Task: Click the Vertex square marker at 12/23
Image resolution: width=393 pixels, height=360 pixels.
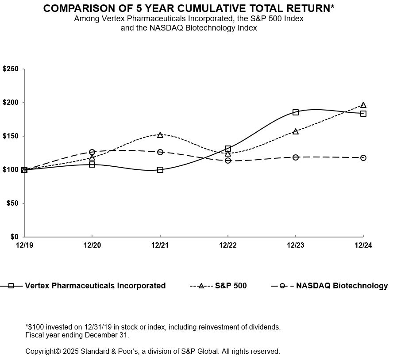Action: point(296,112)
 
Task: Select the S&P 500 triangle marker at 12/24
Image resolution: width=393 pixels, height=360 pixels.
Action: point(363,105)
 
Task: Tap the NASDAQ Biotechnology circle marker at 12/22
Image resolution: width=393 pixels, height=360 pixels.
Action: point(228,160)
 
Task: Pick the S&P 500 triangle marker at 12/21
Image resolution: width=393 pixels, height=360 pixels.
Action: point(160,134)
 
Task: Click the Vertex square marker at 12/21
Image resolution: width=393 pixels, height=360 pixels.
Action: point(160,170)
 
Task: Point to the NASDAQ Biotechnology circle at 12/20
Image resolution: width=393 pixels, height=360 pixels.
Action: point(92,152)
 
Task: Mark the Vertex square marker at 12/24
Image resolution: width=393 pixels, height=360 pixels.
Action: point(363,114)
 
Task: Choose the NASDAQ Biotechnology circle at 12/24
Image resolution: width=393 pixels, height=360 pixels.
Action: point(363,158)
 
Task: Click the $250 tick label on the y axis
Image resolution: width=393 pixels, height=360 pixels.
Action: point(10,69)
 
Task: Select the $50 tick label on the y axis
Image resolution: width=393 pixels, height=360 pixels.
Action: point(12,203)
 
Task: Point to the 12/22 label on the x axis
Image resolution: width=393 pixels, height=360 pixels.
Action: point(227,246)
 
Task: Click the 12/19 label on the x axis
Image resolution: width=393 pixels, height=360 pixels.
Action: point(24,246)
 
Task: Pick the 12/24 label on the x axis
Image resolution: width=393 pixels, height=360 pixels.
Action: point(363,246)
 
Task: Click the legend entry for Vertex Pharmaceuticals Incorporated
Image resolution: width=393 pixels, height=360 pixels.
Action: point(95,286)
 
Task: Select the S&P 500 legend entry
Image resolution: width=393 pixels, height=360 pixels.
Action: point(231,286)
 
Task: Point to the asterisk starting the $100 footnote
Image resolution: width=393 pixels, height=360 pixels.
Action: point(27,326)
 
